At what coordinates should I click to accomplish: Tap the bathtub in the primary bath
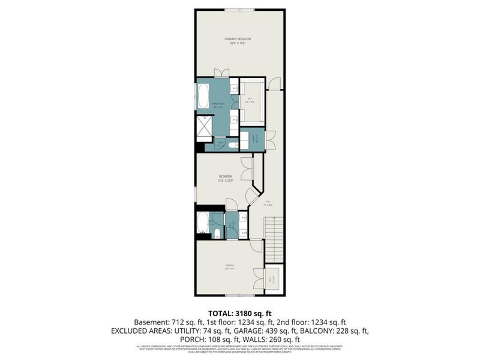(203, 95)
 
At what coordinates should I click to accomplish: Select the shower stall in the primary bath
(205, 128)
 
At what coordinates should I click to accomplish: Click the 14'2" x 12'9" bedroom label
(226, 178)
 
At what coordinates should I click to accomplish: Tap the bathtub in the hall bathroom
(203, 223)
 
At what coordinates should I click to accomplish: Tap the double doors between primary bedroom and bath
(221, 74)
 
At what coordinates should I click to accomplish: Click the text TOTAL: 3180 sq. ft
(239, 313)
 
